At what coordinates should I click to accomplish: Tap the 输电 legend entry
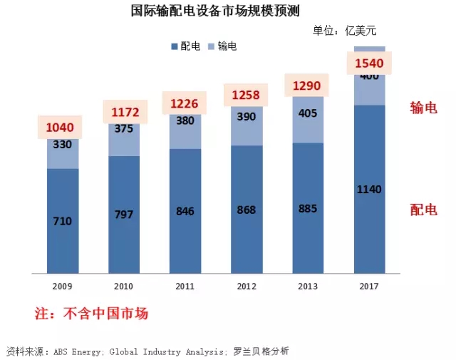click(x=222, y=46)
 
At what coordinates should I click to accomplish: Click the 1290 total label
click(x=309, y=87)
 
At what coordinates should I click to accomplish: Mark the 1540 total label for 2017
click(x=369, y=63)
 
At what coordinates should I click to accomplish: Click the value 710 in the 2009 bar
click(x=63, y=221)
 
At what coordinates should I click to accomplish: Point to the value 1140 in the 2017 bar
click(x=369, y=189)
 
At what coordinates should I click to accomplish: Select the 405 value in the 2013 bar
click(x=309, y=113)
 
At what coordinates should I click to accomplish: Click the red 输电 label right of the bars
click(x=423, y=108)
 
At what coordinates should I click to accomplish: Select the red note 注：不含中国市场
click(x=92, y=314)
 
